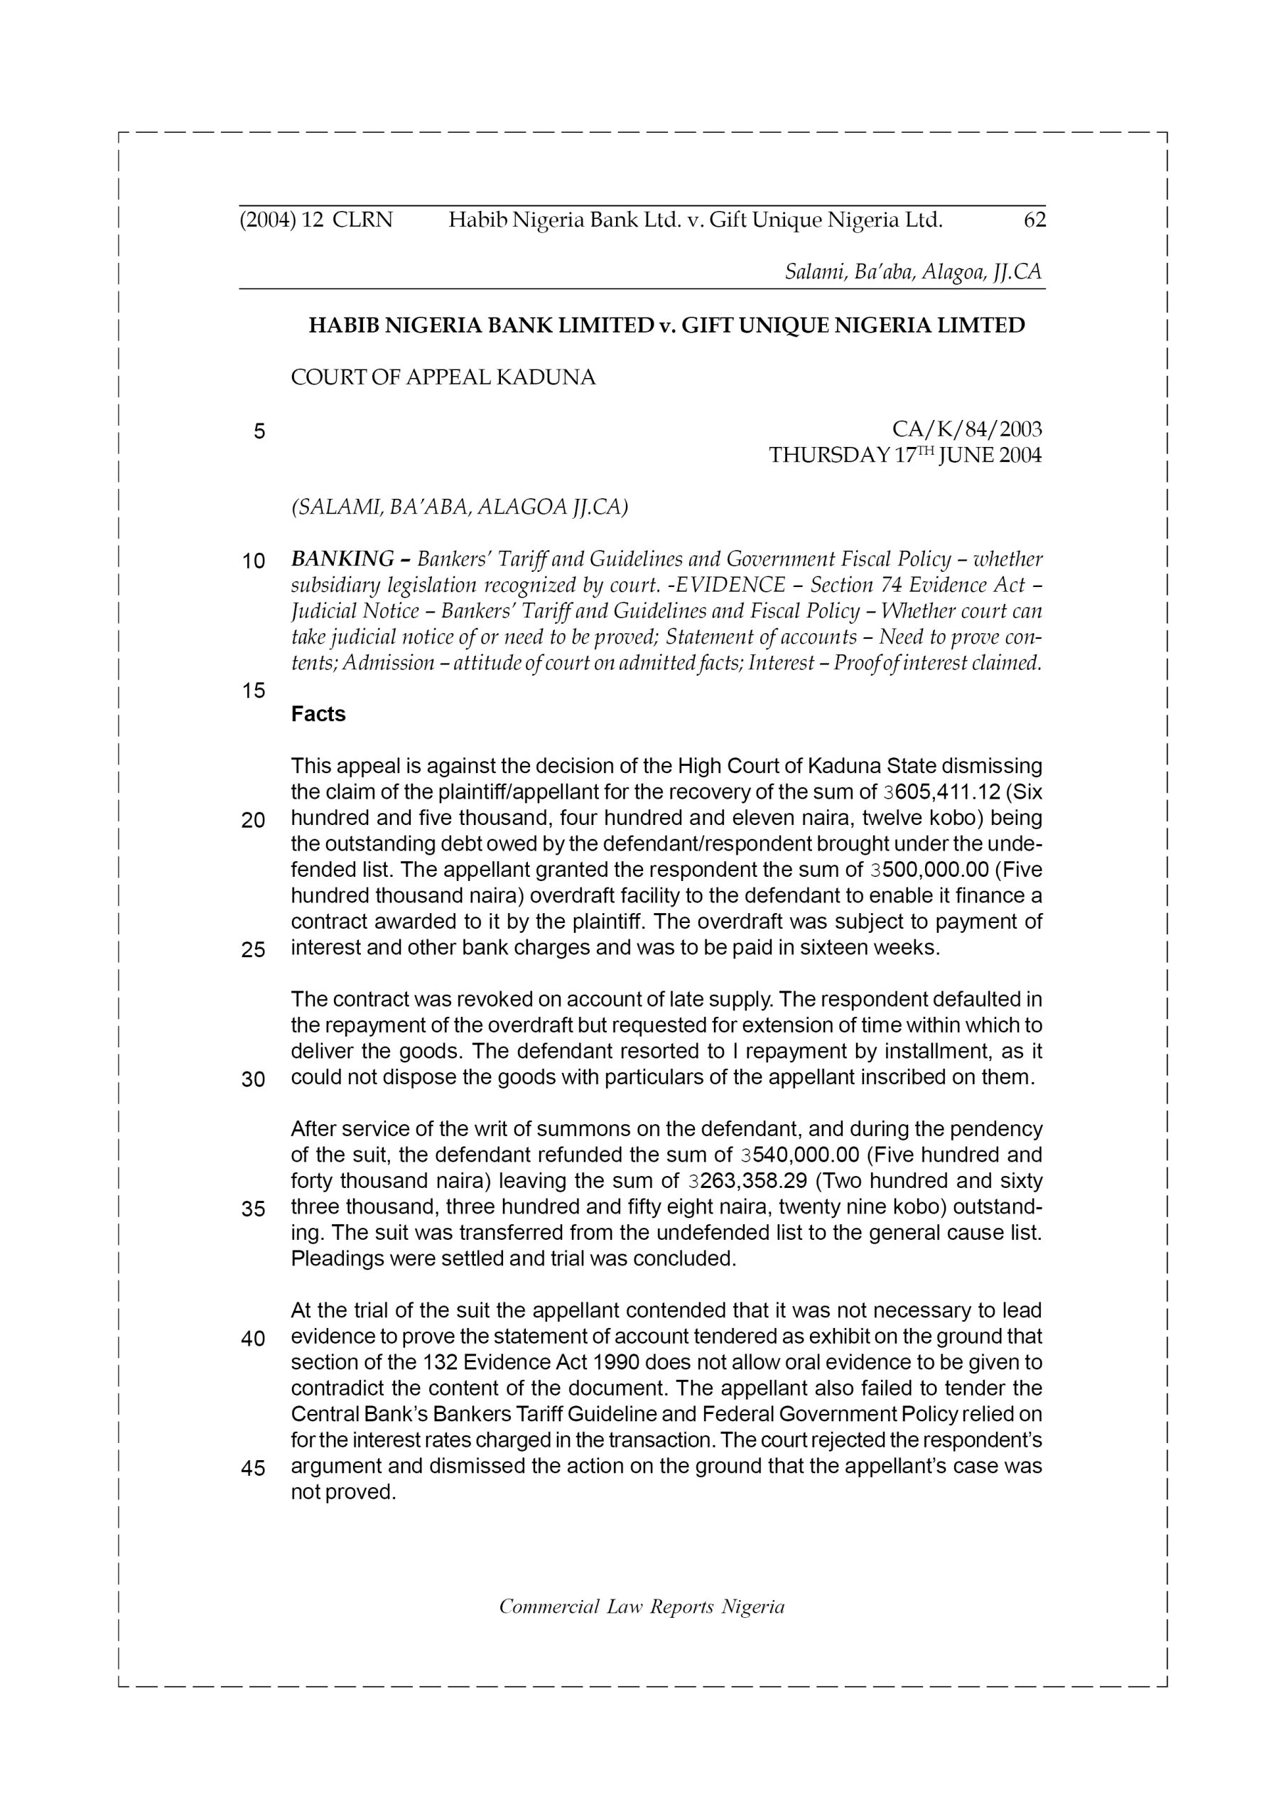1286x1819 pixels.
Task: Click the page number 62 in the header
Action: point(1034,220)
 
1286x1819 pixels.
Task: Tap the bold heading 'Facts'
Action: point(318,714)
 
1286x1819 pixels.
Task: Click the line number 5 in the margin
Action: point(259,432)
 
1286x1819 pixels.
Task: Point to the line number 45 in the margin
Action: point(253,1468)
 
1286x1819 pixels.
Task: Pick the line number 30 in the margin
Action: point(253,1079)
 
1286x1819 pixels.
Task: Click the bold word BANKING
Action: point(342,559)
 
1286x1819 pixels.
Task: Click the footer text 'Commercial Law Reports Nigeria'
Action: point(641,1607)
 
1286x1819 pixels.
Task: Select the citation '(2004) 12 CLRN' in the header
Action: point(315,220)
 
